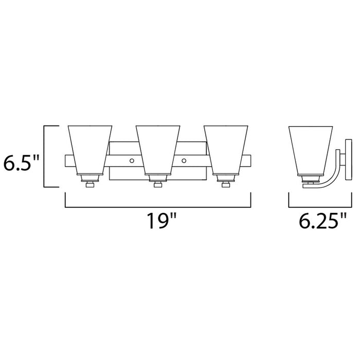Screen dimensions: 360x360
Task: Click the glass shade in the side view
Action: point(309,149)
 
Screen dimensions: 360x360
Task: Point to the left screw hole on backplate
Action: point(132,161)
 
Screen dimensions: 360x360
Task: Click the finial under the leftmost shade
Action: point(89,184)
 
